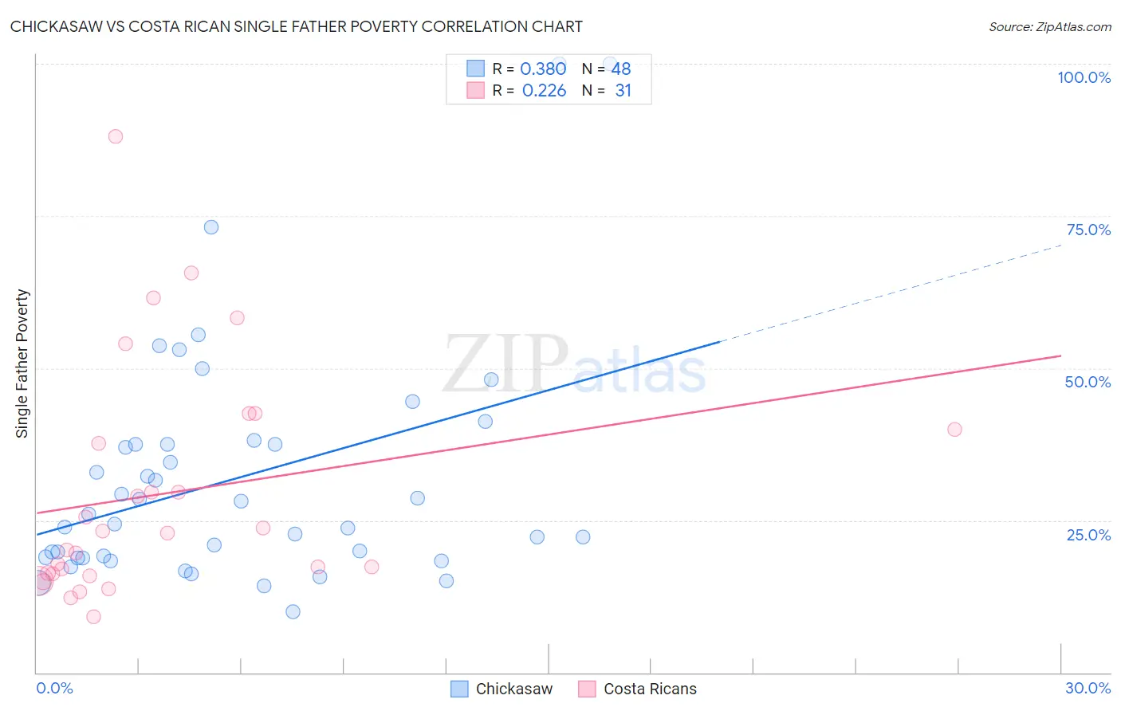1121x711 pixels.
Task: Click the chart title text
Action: click(x=296, y=26)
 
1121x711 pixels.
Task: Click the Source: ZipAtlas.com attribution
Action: click(x=1049, y=26)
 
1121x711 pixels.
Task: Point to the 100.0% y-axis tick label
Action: click(x=1084, y=77)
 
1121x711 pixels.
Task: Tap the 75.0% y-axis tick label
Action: click(x=1088, y=230)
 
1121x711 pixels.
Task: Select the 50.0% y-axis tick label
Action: click(x=1088, y=382)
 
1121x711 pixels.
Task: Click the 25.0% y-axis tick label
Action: click(x=1088, y=534)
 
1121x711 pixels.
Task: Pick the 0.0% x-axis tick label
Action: click(x=54, y=688)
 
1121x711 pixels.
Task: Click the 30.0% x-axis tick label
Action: click(x=1088, y=688)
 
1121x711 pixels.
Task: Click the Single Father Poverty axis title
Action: click(x=22, y=363)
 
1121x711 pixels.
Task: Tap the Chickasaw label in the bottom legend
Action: click(x=513, y=689)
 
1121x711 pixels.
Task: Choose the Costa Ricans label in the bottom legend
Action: click(x=650, y=689)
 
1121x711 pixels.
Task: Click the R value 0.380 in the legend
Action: click(x=543, y=69)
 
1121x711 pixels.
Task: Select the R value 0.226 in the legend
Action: click(x=544, y=91)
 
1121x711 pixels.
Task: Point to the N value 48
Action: click(x=621, y=69)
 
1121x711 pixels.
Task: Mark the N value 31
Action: click(x=623, y=91)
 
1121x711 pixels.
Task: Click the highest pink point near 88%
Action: click(x=116, y=136)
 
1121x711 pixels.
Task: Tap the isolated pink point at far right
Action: click(x=954, y=430)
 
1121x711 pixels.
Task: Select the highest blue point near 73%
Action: click(x=211, y=227)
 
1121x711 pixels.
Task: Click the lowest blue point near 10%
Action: click(x=293, y=612)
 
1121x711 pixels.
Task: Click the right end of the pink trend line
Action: click(x=1061, y=355)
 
